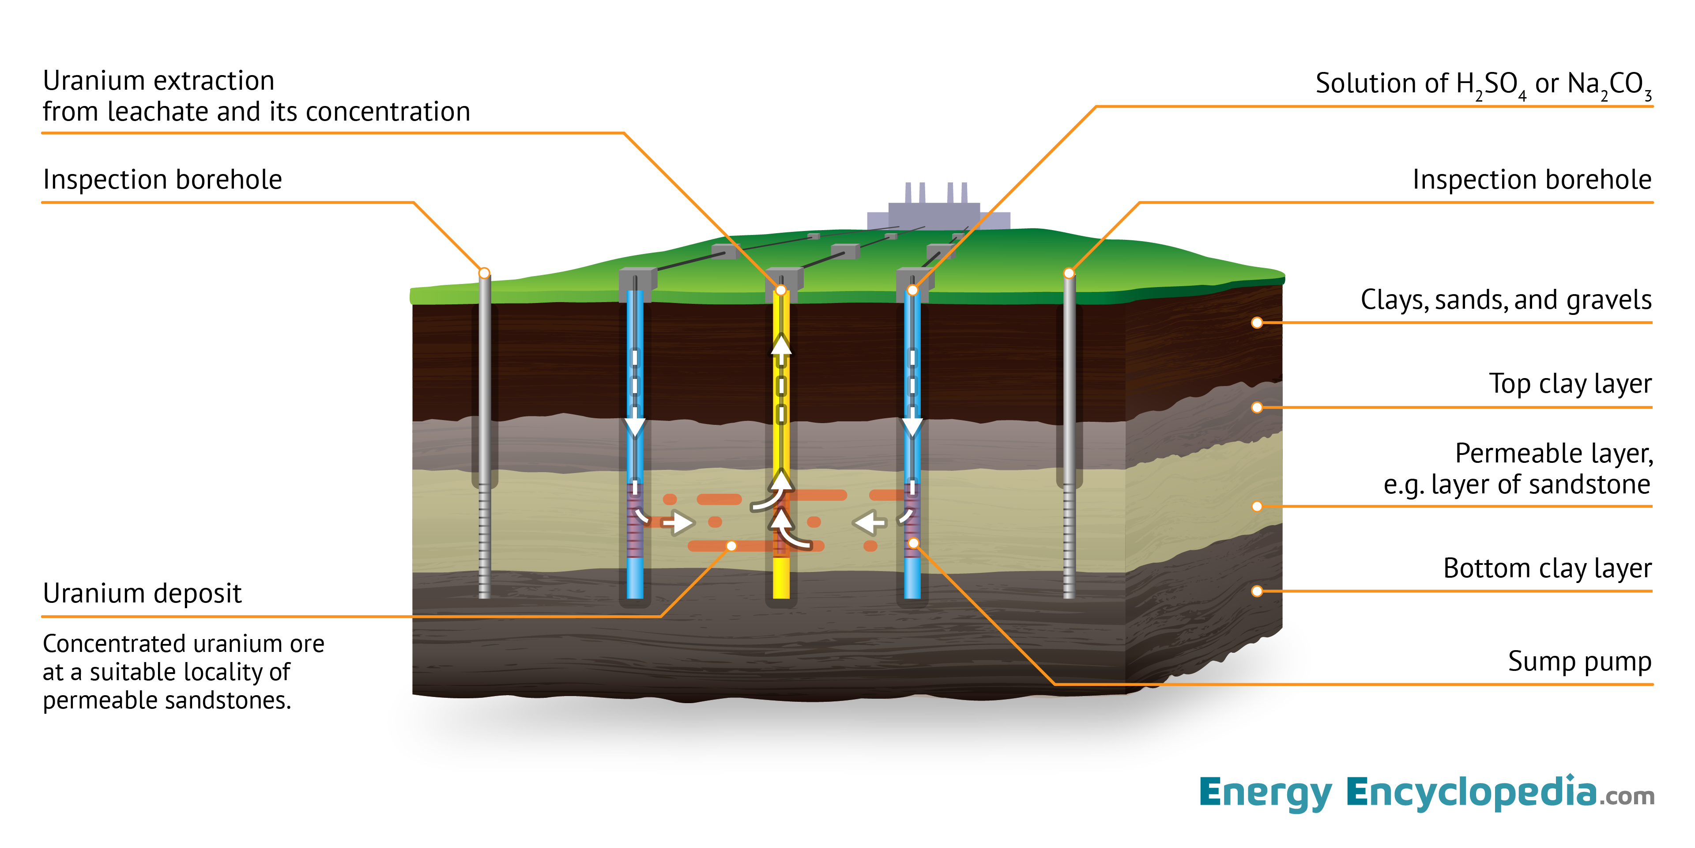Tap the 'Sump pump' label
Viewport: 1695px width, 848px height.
pos(1579,662)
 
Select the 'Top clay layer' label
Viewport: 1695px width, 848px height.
pos(1570,384)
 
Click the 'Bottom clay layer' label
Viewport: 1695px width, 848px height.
pos(1547,568)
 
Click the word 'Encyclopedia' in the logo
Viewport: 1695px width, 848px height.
pos(1471,793)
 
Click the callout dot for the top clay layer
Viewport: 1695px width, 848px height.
pos(1257,408)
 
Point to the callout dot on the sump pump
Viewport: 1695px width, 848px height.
pos(913,543)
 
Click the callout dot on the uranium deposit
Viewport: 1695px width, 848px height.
pos(731,546)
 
